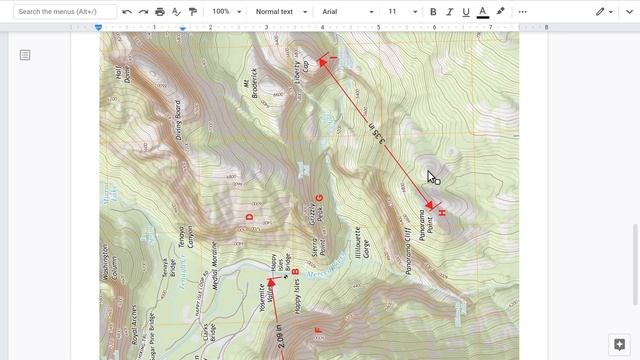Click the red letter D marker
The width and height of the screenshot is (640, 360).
[249, 216]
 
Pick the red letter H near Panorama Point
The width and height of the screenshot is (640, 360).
[442, 214]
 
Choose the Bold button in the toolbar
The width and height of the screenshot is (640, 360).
[433, 12]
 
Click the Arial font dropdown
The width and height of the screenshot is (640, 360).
[347, 12]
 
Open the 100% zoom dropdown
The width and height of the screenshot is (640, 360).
[225, 12]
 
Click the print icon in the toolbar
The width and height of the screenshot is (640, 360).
[160, 12]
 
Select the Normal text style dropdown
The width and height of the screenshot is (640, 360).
[279, 12]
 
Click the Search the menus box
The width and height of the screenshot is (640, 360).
[61, 12]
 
